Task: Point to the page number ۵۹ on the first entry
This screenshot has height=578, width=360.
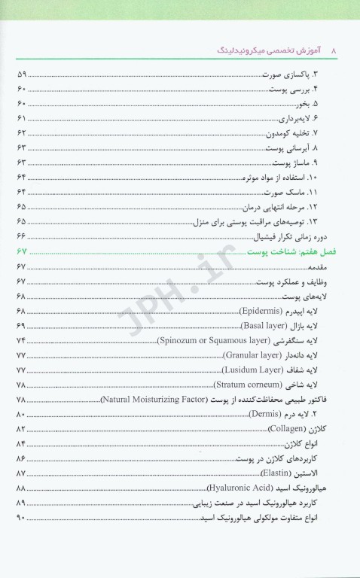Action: (21, 75)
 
